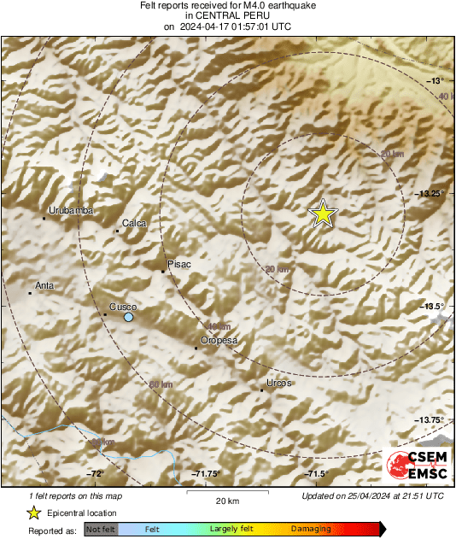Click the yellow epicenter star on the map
click(x=323, y=214)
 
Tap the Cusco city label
click(x=123, y=307)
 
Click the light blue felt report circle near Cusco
click(x=128, y=318)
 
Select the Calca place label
click(x=135, y=223)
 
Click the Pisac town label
click(x=179, y=264)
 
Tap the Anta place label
click(x=44, y=285)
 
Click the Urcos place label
click(x=278, y=383)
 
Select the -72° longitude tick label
click(x=94, y=474)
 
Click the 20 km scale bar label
click(x=227, y=500)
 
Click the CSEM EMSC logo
click(x=416, y=465)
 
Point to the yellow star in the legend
click(x=33, y=513)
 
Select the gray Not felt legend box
click(x=102, y=530)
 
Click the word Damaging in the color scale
click(x=311, y=530)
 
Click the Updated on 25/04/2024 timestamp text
click(x=373, y=495)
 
